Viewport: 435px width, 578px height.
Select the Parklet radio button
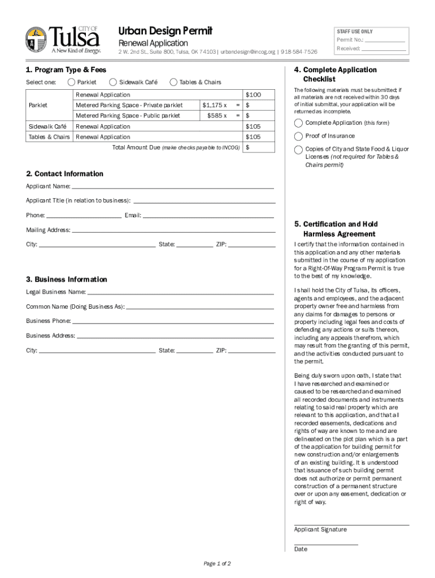click(71, 82)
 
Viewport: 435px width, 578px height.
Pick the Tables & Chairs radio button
click(173, 82)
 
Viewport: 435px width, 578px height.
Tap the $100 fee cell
click(253, 95)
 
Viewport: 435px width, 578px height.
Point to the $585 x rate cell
click(216, 116)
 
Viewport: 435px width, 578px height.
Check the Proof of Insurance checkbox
click(298, 136)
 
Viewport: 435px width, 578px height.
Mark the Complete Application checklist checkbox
click(298, 123)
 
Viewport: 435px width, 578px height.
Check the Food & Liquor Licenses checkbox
click(298, 149)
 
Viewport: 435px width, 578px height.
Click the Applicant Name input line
click(172, 187)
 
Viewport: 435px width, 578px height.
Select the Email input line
click(208, 216)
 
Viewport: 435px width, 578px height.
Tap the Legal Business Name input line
click(181, 293)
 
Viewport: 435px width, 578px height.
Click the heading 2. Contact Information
click(64, 174)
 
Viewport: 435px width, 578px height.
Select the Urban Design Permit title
click(165, 31)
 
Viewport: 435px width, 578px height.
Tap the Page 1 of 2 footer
click(217, 563)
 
